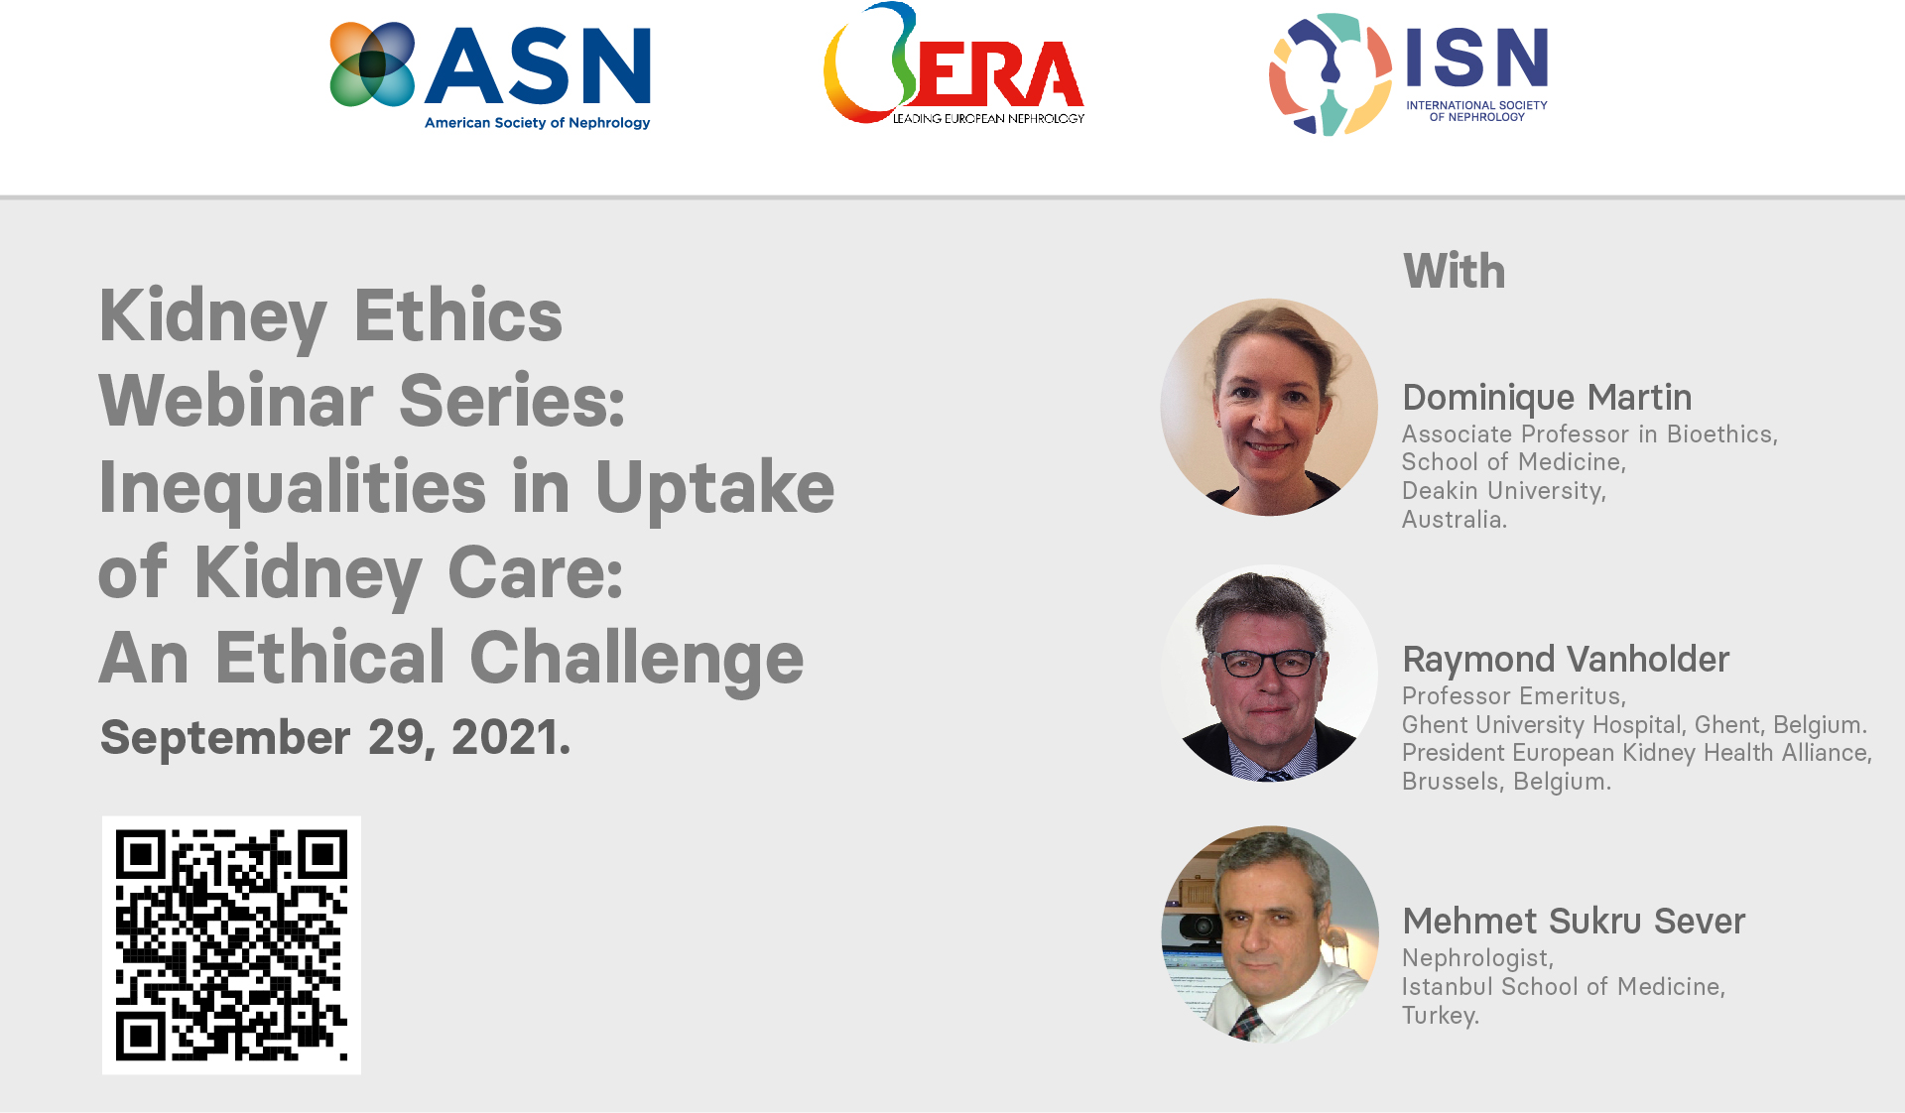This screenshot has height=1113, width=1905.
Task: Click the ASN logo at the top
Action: point(490,76)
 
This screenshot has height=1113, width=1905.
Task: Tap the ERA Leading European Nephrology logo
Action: point(953,64)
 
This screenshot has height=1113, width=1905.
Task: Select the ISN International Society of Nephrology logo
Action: point(1408,74)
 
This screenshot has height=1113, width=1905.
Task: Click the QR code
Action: point(231,944)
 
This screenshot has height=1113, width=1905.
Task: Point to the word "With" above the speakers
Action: point(1454,271)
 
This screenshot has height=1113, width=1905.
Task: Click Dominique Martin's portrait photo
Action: point(1269,407)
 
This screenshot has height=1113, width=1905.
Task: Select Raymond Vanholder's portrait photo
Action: point(1269,674)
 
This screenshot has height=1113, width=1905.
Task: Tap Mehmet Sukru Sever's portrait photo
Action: point(1269,934)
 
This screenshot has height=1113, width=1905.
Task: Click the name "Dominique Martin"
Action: point(1547,398)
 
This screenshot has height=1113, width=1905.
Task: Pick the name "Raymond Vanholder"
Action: point(1566,660)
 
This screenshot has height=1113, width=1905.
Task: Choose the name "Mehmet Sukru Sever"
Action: point(1574,922)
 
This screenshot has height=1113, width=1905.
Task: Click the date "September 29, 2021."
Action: point(335,738)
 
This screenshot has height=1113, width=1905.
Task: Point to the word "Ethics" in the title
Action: point(457,315)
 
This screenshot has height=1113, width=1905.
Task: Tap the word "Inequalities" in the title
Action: point(293,487)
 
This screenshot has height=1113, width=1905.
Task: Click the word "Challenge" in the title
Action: point(636,660)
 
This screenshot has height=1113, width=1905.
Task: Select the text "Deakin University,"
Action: point(1503,491)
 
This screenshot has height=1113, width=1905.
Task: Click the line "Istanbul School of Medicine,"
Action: point(1563,987)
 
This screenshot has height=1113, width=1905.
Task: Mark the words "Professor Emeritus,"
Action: point(1513,696)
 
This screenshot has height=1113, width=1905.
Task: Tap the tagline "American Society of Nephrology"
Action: point(537,123)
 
